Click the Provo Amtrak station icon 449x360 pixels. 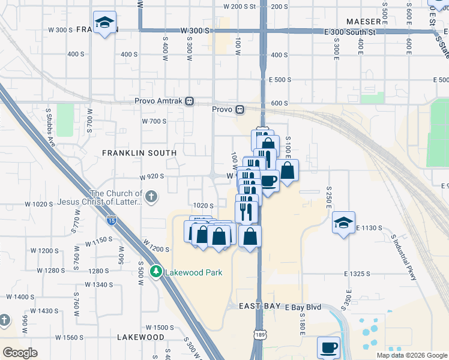[x=189, y=101]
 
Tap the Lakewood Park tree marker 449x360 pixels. [x=156, y=272]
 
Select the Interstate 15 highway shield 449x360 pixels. [x=112, y=221]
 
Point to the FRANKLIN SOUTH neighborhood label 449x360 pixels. [x=139, y=153]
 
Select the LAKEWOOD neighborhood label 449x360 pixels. [x=140, y=337]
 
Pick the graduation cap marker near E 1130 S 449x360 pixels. [x=343, y=223]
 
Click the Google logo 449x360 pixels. [x=20, y=352]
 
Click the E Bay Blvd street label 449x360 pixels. [x=303, y=307]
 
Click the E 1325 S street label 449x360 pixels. [x=361, y=274]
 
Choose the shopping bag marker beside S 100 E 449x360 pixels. [x=288, y=170]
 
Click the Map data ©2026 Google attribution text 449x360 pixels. [x=412, y=355]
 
